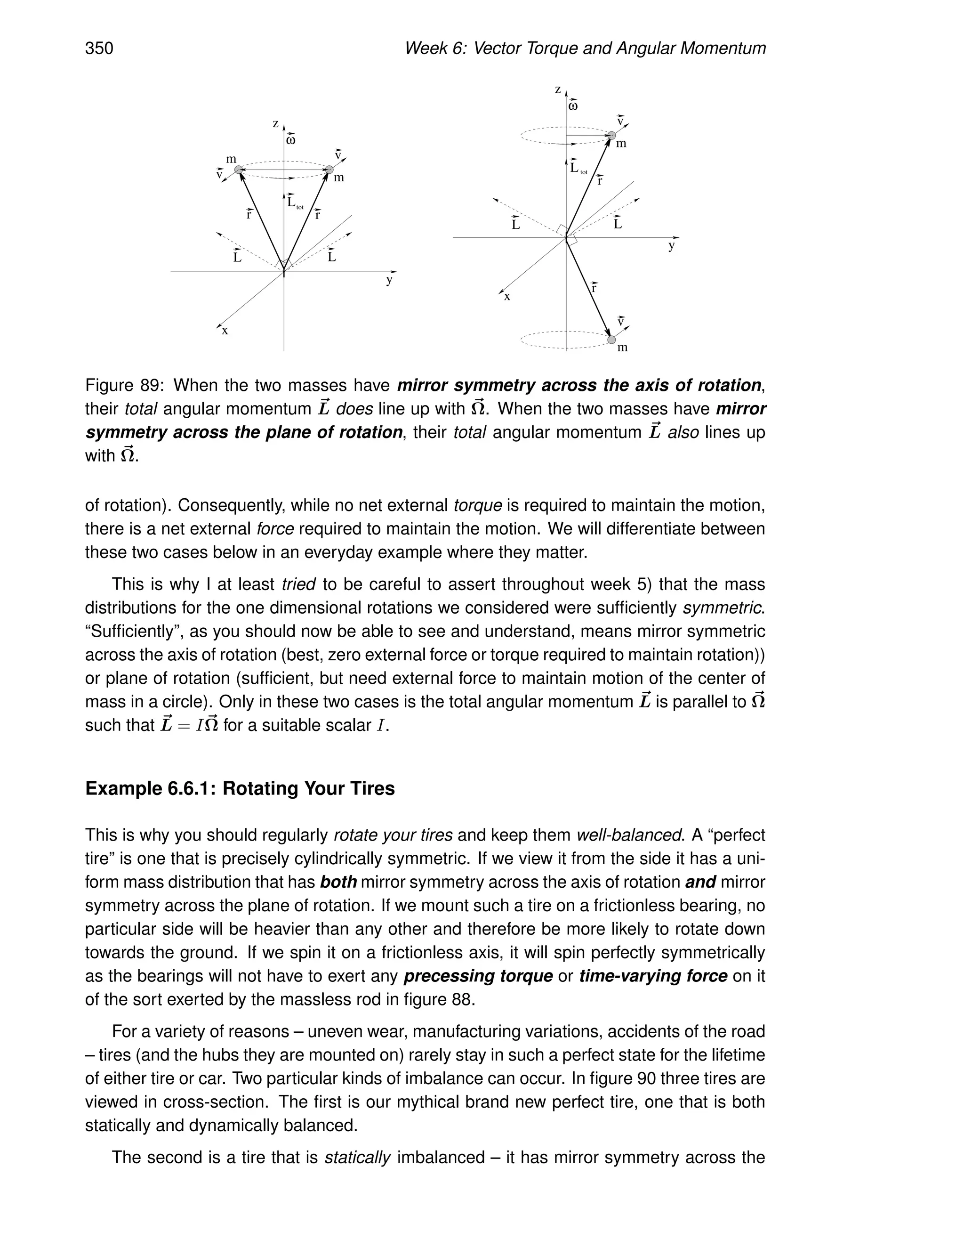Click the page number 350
click(99, 48)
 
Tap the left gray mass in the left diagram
click(239, 169)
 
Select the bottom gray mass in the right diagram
click(611, 340)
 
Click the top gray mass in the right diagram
click(611, 136)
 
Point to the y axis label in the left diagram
click(389, 280)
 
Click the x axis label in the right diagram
click(506, 297)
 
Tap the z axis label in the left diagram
click(275, 123)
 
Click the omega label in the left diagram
click(291, 140)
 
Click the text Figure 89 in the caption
click(124, 385)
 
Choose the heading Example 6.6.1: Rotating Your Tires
click(240, 788)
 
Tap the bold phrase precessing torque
click(478, 976)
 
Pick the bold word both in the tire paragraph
click(338, 882)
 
